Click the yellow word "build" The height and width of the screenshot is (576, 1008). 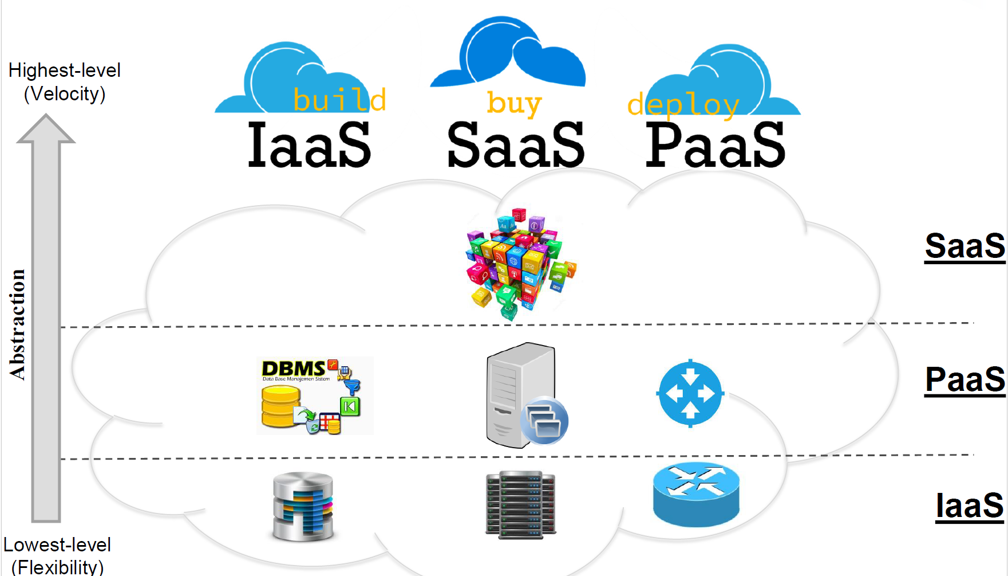click(x=339, y=100)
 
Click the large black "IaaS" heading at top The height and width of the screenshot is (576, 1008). click(x=309, y=146)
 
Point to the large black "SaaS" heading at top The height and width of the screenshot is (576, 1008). click(x=515, y=146)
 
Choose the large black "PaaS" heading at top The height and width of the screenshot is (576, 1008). click(x=715, y=146)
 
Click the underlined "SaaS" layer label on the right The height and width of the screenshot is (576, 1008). click(x=965, y=246)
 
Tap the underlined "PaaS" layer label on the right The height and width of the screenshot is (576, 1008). click(x=965, y=379)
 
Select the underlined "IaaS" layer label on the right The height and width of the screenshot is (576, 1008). click(x=969, y=506)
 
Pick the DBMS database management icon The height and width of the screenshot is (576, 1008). click(x=314, y=396)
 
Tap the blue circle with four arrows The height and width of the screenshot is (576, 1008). click(x=690, y=394)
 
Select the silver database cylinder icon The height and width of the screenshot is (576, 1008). click(x=303, y=507)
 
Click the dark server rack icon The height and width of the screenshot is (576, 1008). click(x=521, y=505)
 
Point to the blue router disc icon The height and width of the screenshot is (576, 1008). click(x=696, y=494)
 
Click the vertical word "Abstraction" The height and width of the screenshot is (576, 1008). click(x=18, y=324)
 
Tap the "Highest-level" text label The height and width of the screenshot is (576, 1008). click(x=64, y=70)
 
